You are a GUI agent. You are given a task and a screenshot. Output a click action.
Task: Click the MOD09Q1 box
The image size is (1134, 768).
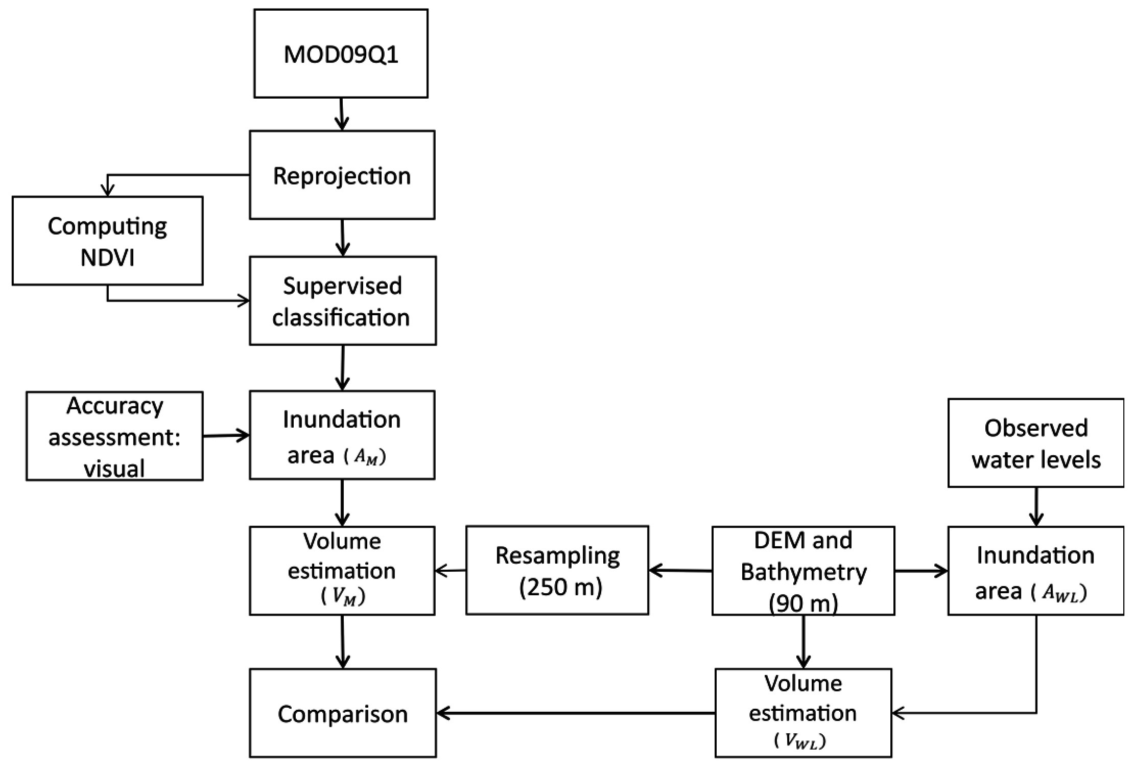pos(341,54)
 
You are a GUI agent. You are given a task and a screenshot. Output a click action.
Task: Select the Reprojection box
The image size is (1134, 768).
pos(342,175)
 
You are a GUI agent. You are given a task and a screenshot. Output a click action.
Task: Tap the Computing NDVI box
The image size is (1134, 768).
pos(107,241)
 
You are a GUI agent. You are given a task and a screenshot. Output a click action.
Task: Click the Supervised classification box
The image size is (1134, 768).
pos(342,301)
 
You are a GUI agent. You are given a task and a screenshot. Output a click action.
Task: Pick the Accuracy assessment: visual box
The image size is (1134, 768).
pos(114,436)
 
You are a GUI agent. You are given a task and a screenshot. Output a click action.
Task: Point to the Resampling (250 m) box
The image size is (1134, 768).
pos(557,570)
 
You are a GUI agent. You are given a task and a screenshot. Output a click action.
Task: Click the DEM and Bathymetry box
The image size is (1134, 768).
pos(803,570)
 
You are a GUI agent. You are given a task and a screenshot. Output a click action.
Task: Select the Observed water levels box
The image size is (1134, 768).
pos(1035,443)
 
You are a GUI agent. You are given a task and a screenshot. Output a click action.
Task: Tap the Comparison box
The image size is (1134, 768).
pos(342,713)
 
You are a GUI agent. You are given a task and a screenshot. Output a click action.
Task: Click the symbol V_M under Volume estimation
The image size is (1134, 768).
pos(343,597)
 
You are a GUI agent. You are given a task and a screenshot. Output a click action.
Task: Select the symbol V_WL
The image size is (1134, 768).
pos(800,740)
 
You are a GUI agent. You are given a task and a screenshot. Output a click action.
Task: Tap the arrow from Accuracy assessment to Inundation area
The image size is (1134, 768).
pos(226,436)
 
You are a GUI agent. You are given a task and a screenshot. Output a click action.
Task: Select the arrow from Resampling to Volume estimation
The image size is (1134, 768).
pos(450,570)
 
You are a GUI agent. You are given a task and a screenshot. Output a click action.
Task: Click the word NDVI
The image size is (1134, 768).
pos(107,257)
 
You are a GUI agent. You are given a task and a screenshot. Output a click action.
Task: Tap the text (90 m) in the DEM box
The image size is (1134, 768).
pos(804,604)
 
